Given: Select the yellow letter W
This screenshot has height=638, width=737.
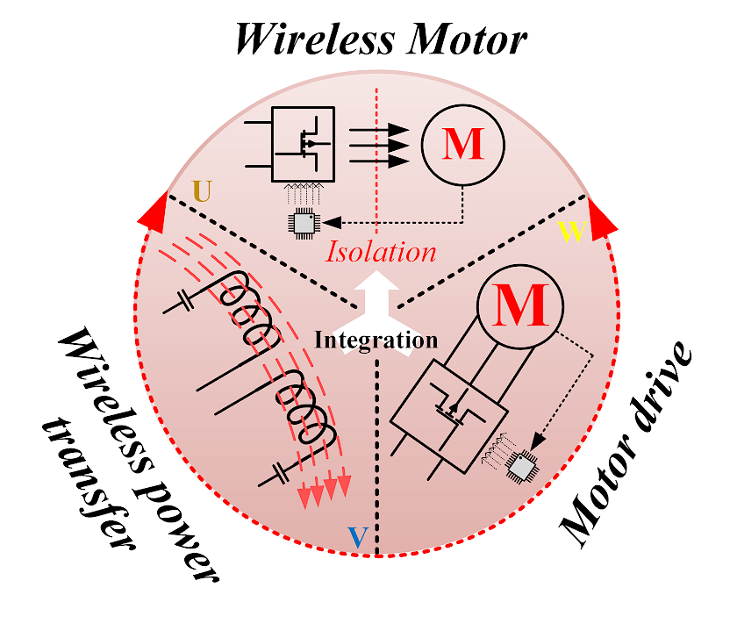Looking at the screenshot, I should click(570, 233).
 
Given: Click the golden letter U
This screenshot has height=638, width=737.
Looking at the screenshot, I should click(201, 192).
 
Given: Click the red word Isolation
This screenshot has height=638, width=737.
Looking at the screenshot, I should click(381, 252).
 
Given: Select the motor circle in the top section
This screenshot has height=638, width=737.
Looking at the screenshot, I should click(462, 145).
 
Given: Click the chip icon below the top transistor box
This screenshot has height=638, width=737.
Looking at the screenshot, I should click(304, 224).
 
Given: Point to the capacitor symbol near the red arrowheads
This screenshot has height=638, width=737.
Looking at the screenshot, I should click(279, 476).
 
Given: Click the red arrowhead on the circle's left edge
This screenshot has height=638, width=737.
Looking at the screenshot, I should click(150, 215).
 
